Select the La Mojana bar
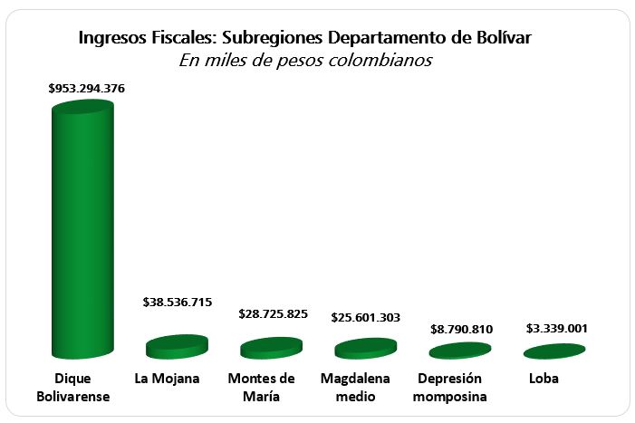[178, 346]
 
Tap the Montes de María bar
[271, 348]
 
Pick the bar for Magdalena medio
[365, 348]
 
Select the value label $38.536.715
[178, 302]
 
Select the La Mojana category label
[168, 379]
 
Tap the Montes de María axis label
[261, 388]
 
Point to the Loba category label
[544, 379]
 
